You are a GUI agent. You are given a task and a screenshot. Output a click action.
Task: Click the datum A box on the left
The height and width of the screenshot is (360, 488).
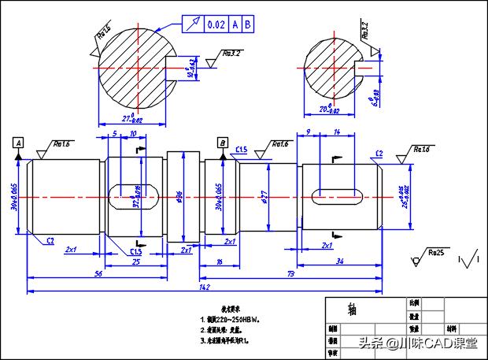point(18,143)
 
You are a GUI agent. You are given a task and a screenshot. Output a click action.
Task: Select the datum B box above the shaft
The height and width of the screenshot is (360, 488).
point(224,143)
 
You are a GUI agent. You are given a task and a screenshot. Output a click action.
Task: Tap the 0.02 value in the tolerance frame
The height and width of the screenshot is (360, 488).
point(216,24)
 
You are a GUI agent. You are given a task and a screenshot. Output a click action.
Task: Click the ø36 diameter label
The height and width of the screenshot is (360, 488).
point(180,195)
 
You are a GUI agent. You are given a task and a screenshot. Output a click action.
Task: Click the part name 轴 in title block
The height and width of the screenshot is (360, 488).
point(351,310)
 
